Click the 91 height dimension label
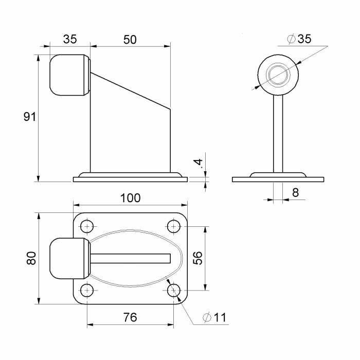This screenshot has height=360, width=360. [x=30, y=117]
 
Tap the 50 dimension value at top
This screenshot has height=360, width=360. [x=130, y=40]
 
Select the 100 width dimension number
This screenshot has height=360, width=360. [x=131, y=198]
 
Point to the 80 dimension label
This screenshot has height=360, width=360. [x=31, y=258]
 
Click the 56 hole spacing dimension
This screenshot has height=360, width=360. [x=197, y=258]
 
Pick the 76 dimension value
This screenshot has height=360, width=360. [x=130, y=317]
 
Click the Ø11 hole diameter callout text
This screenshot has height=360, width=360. [x=214, y=317]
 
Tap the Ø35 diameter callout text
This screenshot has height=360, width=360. [x=299, y=39]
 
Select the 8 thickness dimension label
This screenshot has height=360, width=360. [x=296, y=192]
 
